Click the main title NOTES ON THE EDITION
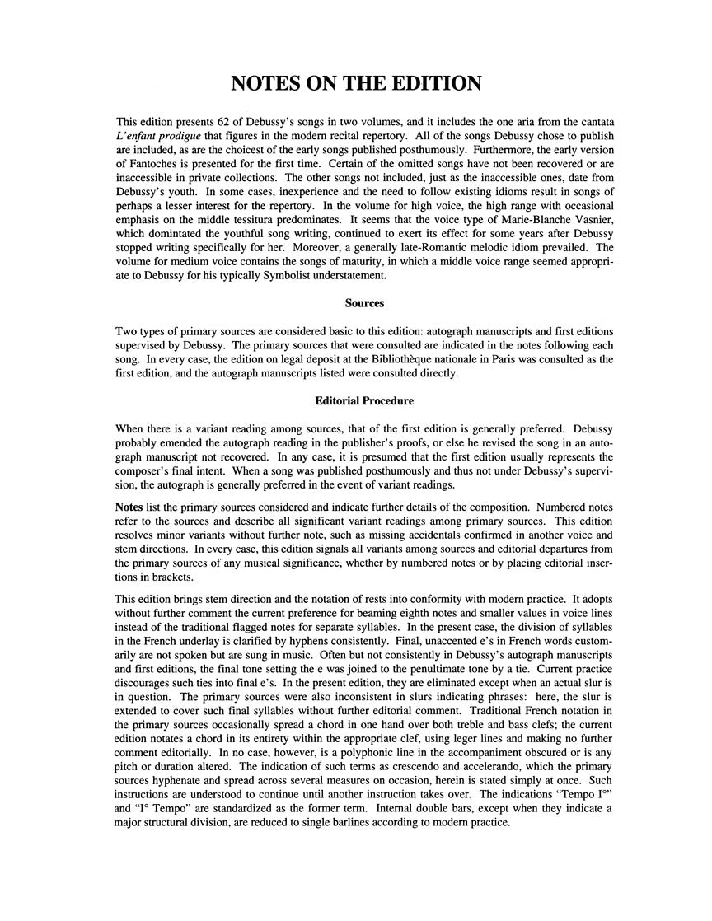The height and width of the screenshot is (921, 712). coord(355,83)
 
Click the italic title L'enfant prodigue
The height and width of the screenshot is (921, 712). coord(162,136)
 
